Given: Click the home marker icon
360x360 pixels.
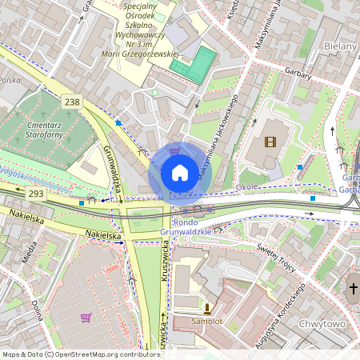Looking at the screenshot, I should click(180, 172).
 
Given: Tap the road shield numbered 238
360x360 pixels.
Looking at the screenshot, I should click(73, 102).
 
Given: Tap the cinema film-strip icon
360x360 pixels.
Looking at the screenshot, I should click(270, 142).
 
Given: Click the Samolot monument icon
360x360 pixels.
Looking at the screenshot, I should click(207, 308).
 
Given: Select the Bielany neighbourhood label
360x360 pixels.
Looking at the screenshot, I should click(342, 46).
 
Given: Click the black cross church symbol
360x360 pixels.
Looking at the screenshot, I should click(353, 289).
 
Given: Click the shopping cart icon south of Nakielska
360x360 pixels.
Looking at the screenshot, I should click(86, 318).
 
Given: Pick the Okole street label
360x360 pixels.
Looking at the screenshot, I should click(246, 187).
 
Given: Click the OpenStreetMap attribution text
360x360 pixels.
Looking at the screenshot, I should click(80, 354).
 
